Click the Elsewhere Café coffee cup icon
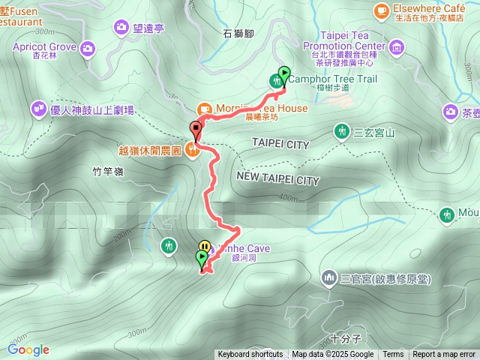click(381, 10)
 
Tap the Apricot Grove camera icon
click(88, 49)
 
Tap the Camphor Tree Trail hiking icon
click(275, 81)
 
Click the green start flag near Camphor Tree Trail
click(284, 73)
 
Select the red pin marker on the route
click(196, 129)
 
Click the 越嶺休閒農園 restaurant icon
click(193, 150)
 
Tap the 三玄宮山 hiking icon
click(341, 131)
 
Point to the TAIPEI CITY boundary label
click(280, 143)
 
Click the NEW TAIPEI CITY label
click(277, 180)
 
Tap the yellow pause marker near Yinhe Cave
click(204, 245)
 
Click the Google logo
click(28, 349)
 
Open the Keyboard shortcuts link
click(250, 355)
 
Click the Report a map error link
click(444, 355)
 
